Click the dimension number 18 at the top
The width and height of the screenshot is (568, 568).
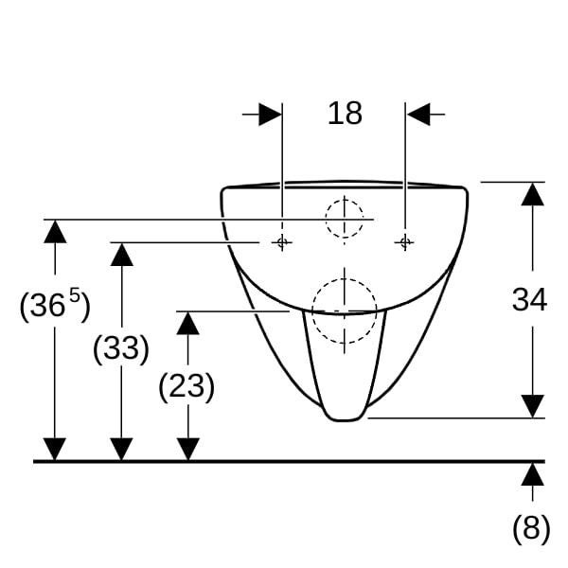[345, 114]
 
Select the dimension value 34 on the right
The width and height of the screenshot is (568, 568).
[529, 299]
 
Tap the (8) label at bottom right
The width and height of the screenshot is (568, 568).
[531, 528]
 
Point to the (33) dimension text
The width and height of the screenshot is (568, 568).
[121, 348]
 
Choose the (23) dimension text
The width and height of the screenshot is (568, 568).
[186, 386]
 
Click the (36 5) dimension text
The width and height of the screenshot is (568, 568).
[55, 304]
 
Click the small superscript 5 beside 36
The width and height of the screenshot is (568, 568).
[75, 294]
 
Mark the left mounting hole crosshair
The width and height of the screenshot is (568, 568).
[282, 241]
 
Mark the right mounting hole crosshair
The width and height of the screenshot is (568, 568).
[404, 241]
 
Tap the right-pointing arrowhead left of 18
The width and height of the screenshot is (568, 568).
[270, 115]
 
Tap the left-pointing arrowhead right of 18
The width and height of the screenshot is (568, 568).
[418, 115]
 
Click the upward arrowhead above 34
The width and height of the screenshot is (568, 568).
[532, 194]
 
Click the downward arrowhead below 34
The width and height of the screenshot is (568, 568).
[532, 406]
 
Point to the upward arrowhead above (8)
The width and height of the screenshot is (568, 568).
[532, 474]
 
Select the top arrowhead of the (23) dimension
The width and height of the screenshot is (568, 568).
[187, 323]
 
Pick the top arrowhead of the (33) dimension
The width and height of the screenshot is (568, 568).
[122, 255]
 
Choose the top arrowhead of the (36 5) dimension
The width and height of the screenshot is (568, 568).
[55, 232]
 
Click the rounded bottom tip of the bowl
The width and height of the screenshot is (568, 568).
[345, 419]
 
